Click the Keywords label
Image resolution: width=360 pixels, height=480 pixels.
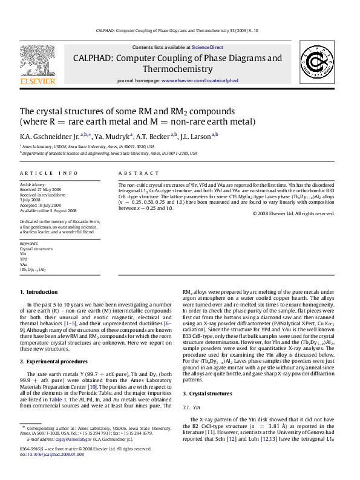(x=29, y=243)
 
